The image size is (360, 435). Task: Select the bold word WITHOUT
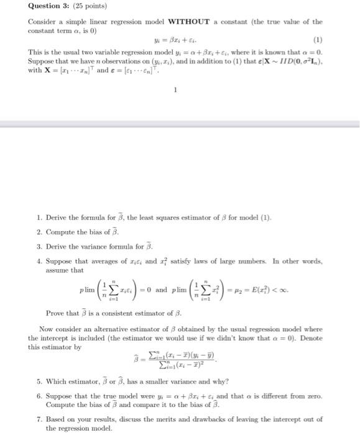click(x=163, y=21)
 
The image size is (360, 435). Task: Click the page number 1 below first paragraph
click(x=176, y=89)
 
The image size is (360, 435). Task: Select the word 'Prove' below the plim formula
click(x=56, y=312)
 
